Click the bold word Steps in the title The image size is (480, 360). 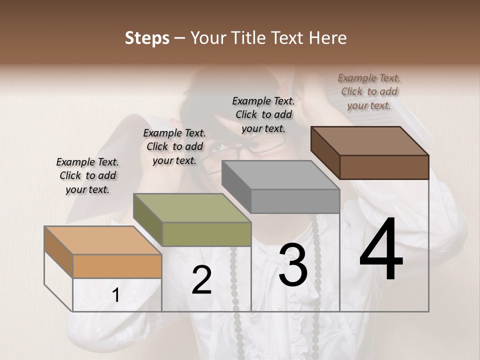[x=147, y=38]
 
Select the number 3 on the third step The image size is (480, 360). [x=292, y=265]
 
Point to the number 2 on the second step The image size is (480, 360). [x=201, y=280]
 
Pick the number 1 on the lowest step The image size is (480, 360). [x=115, y=295]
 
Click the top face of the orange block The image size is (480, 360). [x=102, y=240]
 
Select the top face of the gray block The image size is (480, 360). [x=280, y=175]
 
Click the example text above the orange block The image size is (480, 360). [x=87, y=175]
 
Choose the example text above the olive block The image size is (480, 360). [x=174, y=146]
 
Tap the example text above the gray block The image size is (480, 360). [x=263, y=114]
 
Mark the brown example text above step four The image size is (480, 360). [x=369, y=91]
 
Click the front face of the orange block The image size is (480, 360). [x=117, y=266]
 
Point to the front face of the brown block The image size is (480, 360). [x=384, y=167]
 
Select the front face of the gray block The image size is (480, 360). [x=295, y=201]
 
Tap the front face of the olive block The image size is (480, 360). [x=206, y=234]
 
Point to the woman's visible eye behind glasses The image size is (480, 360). [x=216, y=147]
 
